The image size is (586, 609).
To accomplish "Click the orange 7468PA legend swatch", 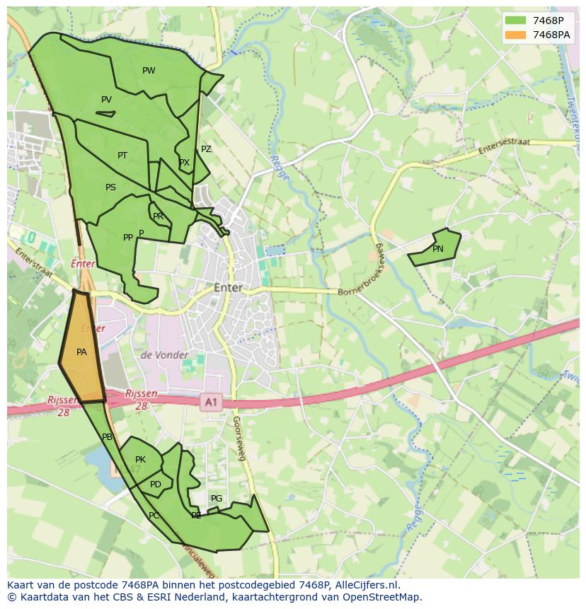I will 515,35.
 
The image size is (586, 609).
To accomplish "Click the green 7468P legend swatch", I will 515,20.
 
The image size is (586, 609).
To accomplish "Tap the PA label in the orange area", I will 81,352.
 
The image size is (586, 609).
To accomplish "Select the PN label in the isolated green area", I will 437,249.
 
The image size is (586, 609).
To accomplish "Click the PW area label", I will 149,71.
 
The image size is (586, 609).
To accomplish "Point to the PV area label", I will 106,100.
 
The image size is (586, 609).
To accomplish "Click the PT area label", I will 122,156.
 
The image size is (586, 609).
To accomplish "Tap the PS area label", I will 110,187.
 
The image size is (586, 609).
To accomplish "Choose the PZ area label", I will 206,149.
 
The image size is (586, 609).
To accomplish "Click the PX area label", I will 184,163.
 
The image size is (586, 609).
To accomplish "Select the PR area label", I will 158,216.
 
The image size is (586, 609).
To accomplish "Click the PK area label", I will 140,460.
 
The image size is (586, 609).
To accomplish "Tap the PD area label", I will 156,485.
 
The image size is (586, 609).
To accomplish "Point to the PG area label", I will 217,499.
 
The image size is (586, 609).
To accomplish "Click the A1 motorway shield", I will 210,402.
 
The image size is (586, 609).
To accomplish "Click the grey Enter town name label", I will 228,288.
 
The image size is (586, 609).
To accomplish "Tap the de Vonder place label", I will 164,355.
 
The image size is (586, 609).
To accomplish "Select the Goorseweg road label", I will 238,439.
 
